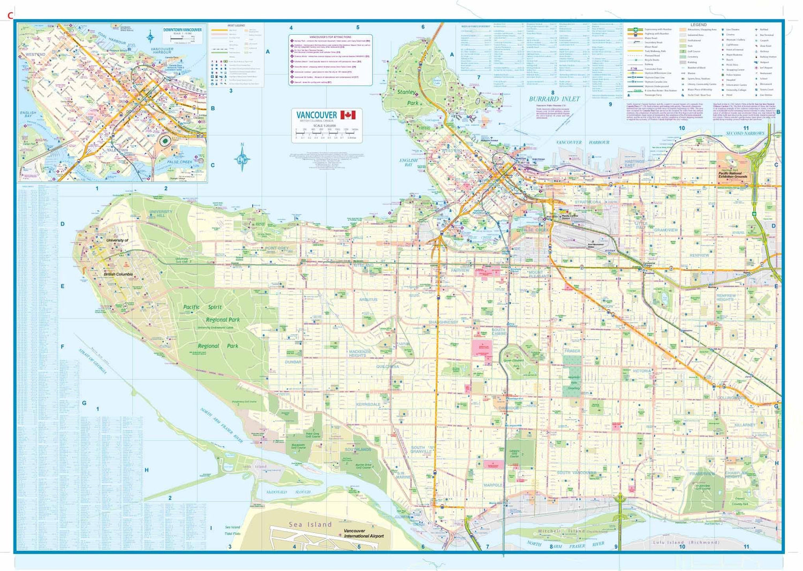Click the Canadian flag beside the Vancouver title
point(348,115)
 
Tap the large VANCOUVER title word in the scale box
point(316,115)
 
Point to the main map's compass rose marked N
point(243,158)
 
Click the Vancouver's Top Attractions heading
point(330,37)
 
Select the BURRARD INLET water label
point(554,99)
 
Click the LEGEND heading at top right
point(698,25)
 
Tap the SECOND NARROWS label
point(745,133)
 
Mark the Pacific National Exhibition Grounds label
point(733,175)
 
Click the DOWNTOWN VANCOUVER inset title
point(183,30)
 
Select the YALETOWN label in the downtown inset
point(117,150)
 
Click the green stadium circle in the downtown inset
point(165,141)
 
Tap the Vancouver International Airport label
point(363,534)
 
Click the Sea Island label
point(310,524)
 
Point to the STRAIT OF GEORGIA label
point(93,362)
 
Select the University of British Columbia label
point(118,257)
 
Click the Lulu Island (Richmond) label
point(686,542)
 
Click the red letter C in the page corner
point(10,16)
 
